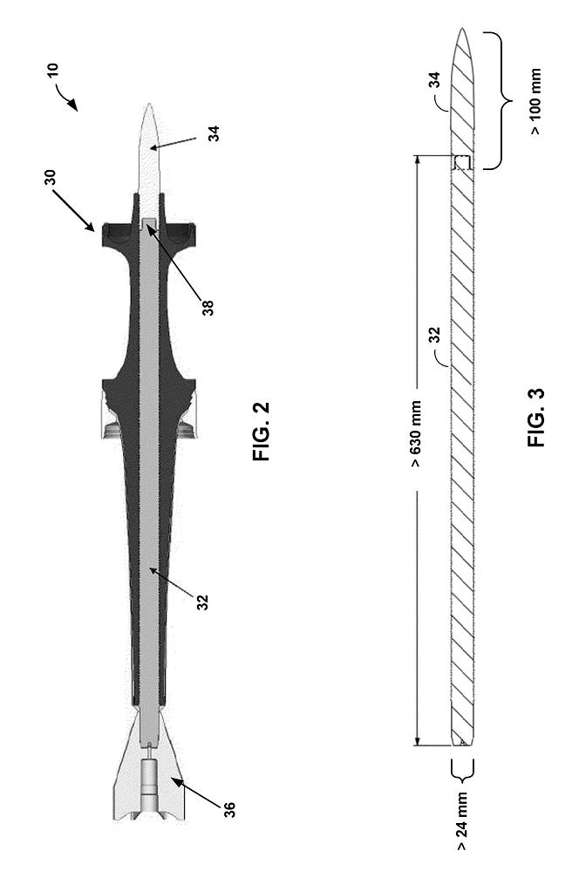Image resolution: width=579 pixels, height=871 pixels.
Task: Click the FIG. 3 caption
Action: (x=536, y=417)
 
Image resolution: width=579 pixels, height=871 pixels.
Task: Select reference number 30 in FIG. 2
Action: (x=50, y=177)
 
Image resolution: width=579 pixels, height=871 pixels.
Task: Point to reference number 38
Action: (x=208, y=308)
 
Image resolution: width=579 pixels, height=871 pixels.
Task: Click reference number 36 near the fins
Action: (x=229, y=809)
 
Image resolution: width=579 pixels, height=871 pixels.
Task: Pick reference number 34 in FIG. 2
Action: (x=214, y=133)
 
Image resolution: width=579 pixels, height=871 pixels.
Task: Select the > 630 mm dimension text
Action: (x=417, y=435)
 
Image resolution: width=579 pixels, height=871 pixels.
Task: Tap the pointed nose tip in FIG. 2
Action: (x=149, y=104)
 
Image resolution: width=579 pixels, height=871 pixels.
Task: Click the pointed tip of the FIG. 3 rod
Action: (x=462, y=28)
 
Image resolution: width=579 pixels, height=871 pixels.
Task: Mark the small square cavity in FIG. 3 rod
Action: (x=462, y=162)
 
